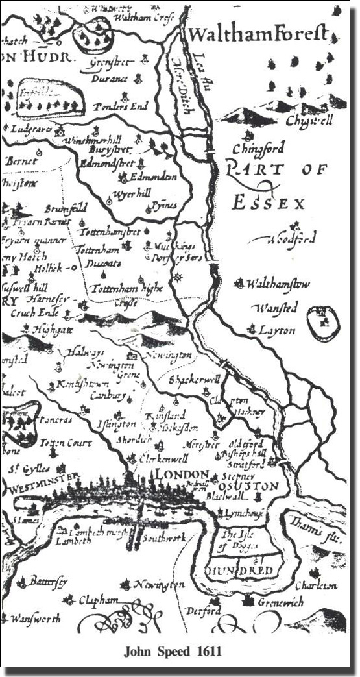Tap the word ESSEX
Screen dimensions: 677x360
click(268, 203)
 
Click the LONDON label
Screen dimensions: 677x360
click(185, 474)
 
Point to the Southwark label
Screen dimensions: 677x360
click(165, 537)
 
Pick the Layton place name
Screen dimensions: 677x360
click(277, 330)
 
